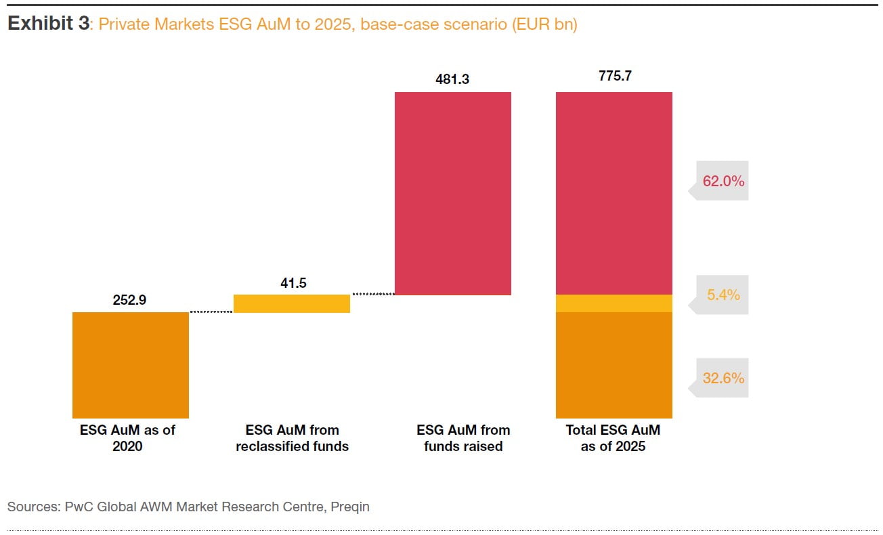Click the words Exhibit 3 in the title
48,24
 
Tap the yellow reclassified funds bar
291,303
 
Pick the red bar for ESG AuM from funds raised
452,193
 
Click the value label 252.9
129,300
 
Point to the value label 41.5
293,283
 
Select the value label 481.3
452,79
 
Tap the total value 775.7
614,77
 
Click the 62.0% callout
723,181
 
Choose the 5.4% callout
723,295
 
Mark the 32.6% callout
723,378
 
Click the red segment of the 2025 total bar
613,193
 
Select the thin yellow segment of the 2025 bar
613,303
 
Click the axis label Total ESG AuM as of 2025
613,437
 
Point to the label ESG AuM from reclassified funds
292,437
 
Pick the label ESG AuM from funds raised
463,437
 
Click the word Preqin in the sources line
350,506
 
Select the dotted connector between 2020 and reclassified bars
211,312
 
